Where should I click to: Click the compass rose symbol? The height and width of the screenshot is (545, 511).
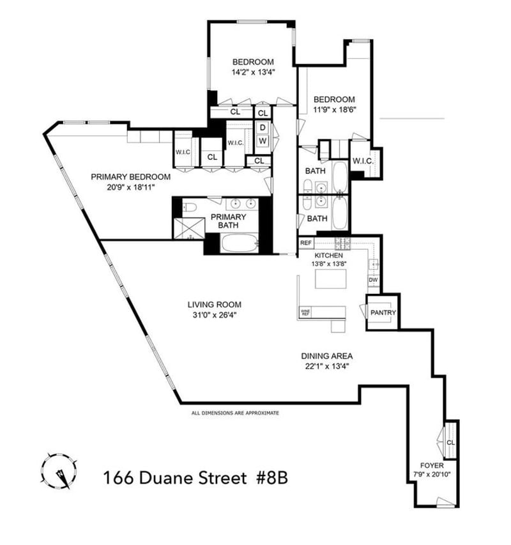[x=59, y=472]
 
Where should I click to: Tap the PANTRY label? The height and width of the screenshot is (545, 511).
[x=383, y=312]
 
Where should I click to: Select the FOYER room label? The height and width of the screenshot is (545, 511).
[x=432, y=465]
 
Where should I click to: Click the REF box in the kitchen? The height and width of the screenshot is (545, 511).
[x=306, y=243]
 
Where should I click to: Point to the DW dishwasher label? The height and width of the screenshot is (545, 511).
[x=373, y=280]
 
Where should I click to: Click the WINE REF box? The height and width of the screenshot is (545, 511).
[x=305, y=312]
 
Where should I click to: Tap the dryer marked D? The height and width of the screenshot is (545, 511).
[x=263, y=128]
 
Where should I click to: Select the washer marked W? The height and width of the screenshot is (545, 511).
[x=263, y=141]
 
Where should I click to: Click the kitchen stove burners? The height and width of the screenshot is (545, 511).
[x=343, y=243]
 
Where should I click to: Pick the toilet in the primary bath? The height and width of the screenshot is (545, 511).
[x=190, y=208]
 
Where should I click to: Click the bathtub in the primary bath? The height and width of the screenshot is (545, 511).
[x=240, y=243]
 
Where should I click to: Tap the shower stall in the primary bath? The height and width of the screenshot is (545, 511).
[x=189, y=228]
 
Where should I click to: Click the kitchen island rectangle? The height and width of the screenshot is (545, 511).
[x=331, y=279]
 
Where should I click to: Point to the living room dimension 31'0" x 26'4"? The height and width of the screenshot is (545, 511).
[x=215, y=315]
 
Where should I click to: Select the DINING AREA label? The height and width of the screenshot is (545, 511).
[x=326, y=356]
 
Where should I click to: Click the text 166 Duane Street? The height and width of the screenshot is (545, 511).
[x=175, y=478]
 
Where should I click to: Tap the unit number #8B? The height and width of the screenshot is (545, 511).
[x=272, y=478]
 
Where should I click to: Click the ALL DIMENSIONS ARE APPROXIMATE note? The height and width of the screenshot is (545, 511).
[x=235, y=413]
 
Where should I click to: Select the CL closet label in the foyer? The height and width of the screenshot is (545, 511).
[x=450, y=443]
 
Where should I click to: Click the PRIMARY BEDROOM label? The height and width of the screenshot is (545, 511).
[x=130, y=177]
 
